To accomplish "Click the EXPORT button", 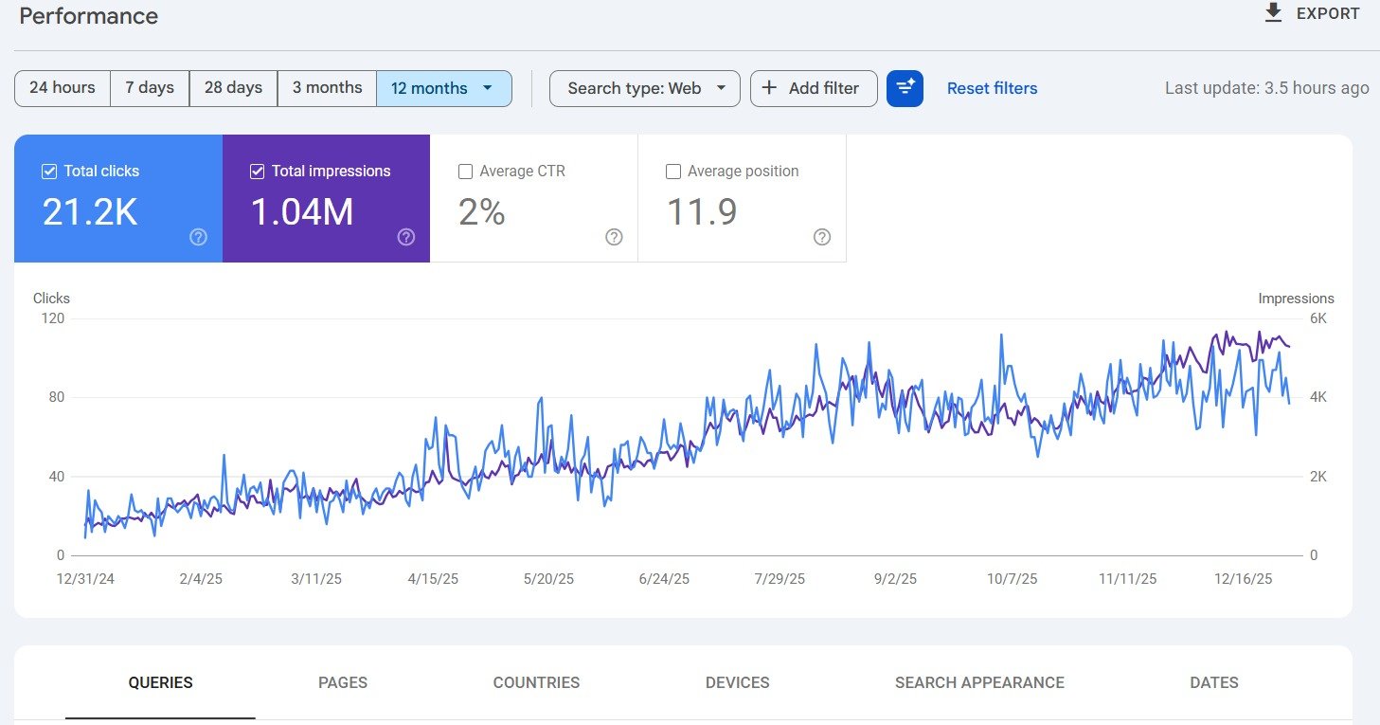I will point(1312,14).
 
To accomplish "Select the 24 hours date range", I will point(63,88).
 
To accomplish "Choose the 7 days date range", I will point(150,88).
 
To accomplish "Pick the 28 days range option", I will point(233,88).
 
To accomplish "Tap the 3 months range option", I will point(327,88).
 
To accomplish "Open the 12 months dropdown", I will point(443,88).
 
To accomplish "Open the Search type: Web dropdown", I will point(644,88).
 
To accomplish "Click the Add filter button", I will point(813,88).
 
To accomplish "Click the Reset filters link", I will point(992,88).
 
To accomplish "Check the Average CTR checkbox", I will point(465,172).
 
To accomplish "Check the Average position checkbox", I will point(673,172).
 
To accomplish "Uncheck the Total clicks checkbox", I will point(49,172).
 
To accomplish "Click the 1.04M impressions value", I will point(301,212).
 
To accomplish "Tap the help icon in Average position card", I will point(821,237).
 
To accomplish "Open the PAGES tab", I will point(343,682).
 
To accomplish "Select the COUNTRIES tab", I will point(536,682).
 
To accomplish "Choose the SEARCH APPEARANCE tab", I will point(979,682).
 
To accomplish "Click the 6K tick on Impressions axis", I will point(1317,318).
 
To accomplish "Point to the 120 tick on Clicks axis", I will point(53,318).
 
